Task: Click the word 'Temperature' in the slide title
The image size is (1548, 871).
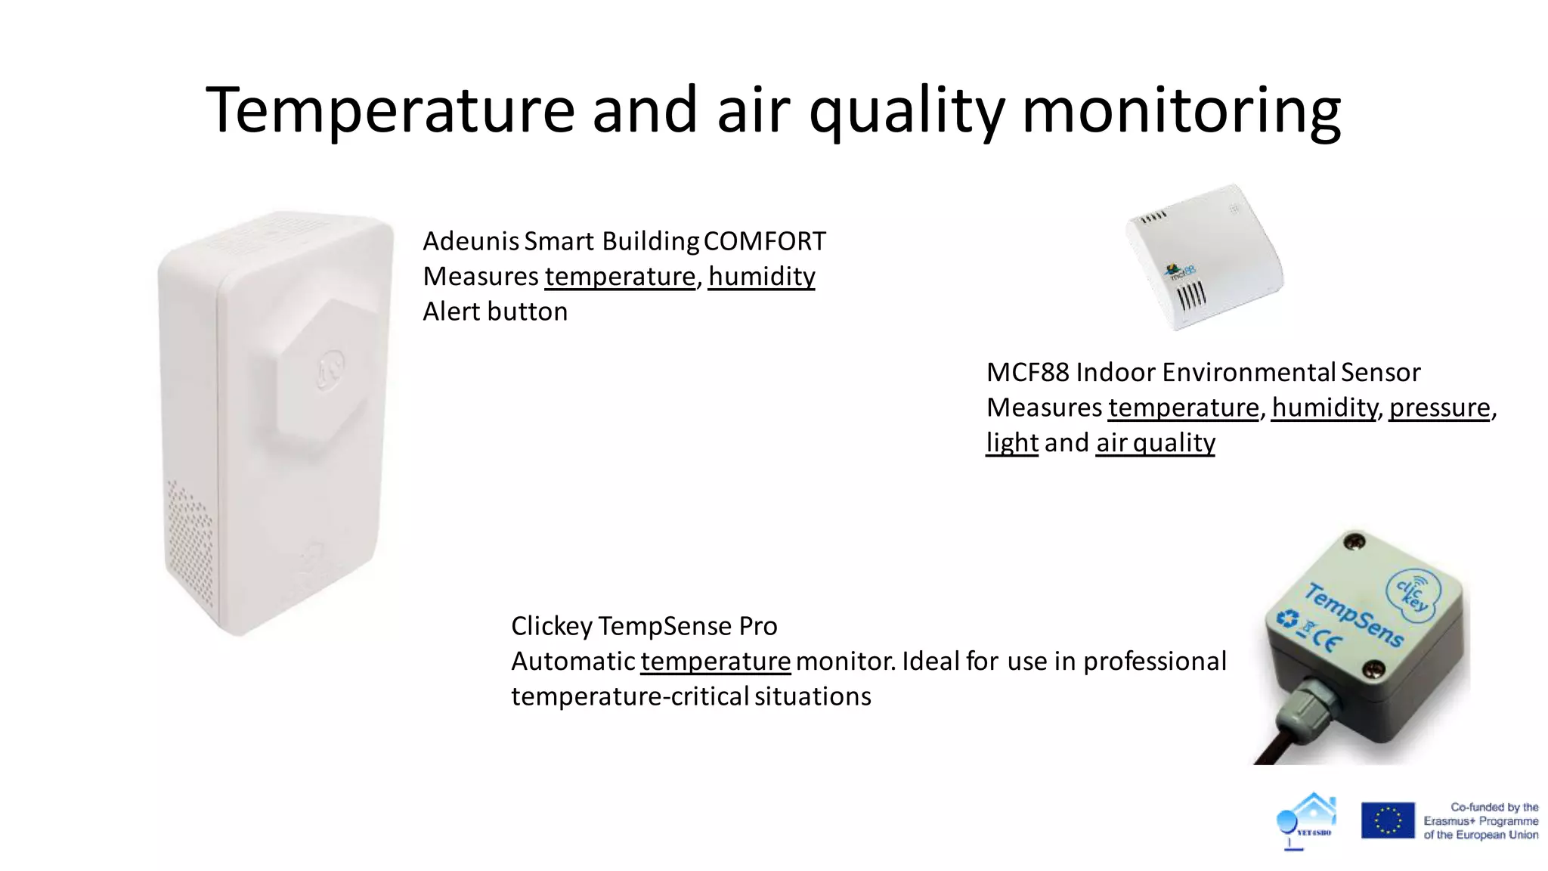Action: coord(390,110)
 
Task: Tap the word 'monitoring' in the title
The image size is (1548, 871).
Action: coord(1181,110)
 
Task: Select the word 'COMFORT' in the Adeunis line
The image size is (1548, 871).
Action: coord(764,241)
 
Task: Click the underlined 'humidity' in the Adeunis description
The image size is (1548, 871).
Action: coord(761,277)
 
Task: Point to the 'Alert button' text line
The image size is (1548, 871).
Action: coord(495,312)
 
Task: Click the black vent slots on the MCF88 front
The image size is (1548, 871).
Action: coord(1191,296)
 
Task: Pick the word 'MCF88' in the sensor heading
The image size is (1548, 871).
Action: coord(1027,373)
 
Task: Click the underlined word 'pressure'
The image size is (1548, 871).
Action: coord(1439,408)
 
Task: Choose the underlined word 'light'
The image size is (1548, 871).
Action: coord(1011,443)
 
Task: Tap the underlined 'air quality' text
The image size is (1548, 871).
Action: coord(1155,443)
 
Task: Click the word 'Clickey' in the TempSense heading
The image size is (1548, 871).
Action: coord(552,626)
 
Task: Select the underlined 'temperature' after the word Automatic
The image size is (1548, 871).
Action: coord(715,662)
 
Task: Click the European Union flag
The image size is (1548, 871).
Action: coord(1388,820)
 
